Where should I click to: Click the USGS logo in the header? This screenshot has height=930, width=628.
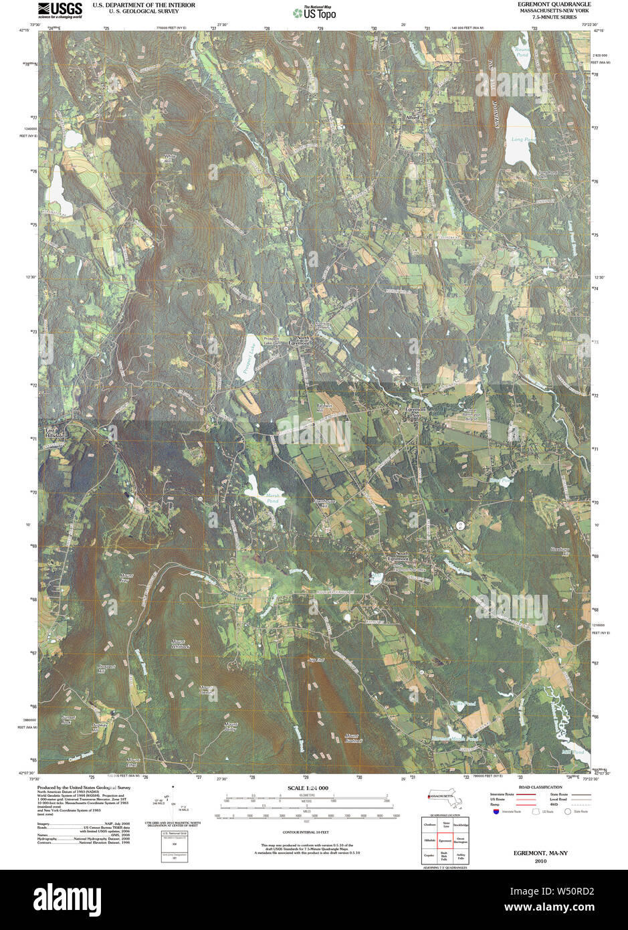pyautogui.click(x=60, y=9)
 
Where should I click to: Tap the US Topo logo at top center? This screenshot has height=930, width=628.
pyautogui.click(x=314, y=12)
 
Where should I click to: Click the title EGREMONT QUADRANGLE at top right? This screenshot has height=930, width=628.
pyautogui.click(x=554, y=4)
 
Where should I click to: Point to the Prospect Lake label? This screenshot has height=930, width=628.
pyautogui.click(x=249, y=357)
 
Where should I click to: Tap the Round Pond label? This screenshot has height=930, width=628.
pyautogui.click(x=522, y=52)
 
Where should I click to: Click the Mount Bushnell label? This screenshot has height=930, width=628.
pyautogui.click(x=353, y=739)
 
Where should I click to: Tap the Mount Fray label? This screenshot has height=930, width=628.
pyautogui.click(x=125, y=578)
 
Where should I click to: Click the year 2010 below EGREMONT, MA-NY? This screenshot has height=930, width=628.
pyautogui.click(x=540, y=861)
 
